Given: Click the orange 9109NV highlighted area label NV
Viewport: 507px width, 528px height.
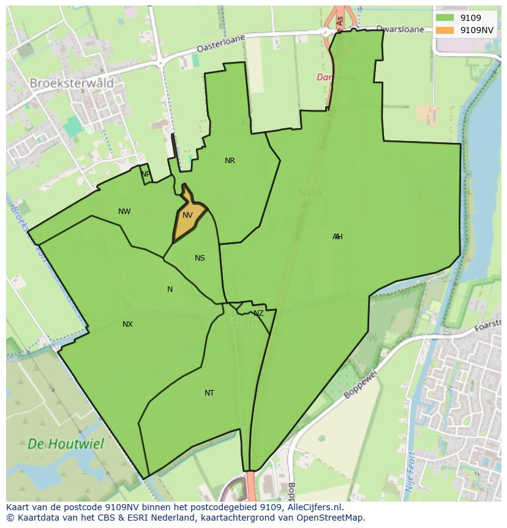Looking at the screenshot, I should (x=187, y=215).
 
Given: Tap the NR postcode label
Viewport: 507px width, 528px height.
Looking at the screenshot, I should (x=230, y=161).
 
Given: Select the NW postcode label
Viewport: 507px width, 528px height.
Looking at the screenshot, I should (x=124, y=212).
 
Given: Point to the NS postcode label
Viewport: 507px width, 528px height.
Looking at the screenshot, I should (x=200, y=258).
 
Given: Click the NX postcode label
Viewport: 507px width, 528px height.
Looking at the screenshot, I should (x=127, y=324).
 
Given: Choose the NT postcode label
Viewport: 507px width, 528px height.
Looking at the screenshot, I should (x=209, y=393).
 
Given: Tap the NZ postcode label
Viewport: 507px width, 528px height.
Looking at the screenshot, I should (x=258, y=313).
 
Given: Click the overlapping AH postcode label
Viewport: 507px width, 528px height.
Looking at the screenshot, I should (x=337, y=237).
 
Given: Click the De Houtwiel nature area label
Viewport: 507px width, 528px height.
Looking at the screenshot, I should (x=66, y=443).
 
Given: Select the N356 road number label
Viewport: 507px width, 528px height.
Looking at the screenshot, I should (x=310, y=193).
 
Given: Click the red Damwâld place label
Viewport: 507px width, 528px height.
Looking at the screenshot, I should (x=337, y=77).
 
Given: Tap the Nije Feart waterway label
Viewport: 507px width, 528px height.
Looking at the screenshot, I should (x=409, y=472).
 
